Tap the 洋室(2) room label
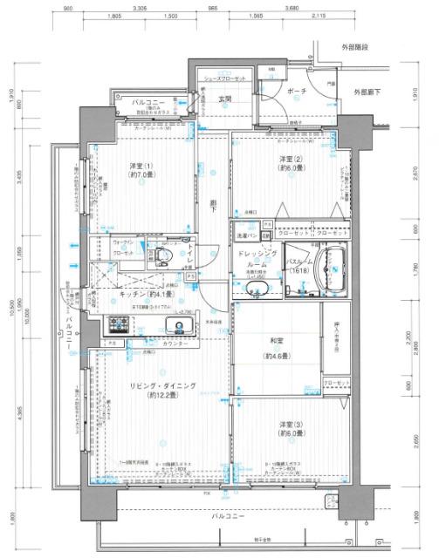point(291,160)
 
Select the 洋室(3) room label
point(291,425)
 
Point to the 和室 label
point(283,343)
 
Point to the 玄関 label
point(224,99)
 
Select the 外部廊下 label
point(368,91)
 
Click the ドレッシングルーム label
point(257,256)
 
